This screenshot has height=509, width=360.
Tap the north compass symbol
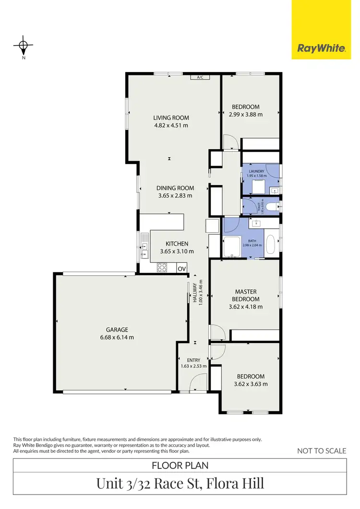tap(23, 47)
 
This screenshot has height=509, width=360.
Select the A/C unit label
tap(200, 77)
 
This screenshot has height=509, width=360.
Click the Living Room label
tap(171, 118)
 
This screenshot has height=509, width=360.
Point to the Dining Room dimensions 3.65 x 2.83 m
tap(175, 196)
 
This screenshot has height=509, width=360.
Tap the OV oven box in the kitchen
tap(182, 269)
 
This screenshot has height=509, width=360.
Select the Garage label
tap(117, 330)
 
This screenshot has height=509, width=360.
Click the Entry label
tap(193, 360)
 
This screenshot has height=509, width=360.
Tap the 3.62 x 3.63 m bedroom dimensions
tap(250, 384)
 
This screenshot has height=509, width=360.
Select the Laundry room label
tap(256, 171)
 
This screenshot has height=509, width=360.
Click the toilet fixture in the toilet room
tap(272, 206)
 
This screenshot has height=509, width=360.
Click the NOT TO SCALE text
tap(322, 450)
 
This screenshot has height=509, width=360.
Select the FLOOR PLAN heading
tap(180, 465)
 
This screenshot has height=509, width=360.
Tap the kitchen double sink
tap(144, 249)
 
